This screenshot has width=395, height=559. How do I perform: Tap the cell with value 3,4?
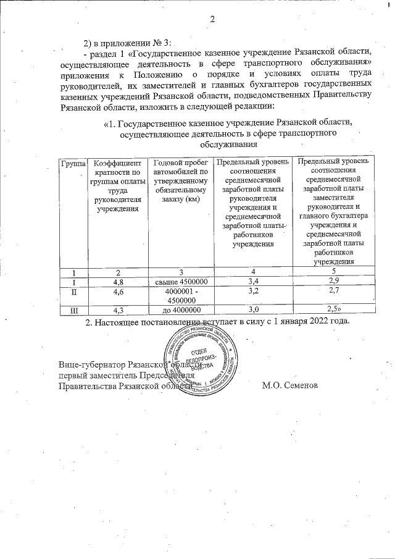point(252,281)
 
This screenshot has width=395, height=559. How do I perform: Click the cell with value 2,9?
point(333,281)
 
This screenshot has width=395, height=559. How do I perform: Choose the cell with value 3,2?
point(252,290)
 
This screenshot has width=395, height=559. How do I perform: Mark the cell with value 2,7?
point(333,290)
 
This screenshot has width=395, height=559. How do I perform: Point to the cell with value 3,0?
point(252,309)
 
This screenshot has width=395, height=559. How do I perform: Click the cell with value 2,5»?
point(334,309)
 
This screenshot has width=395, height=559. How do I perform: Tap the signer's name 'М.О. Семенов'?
point(290,385)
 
